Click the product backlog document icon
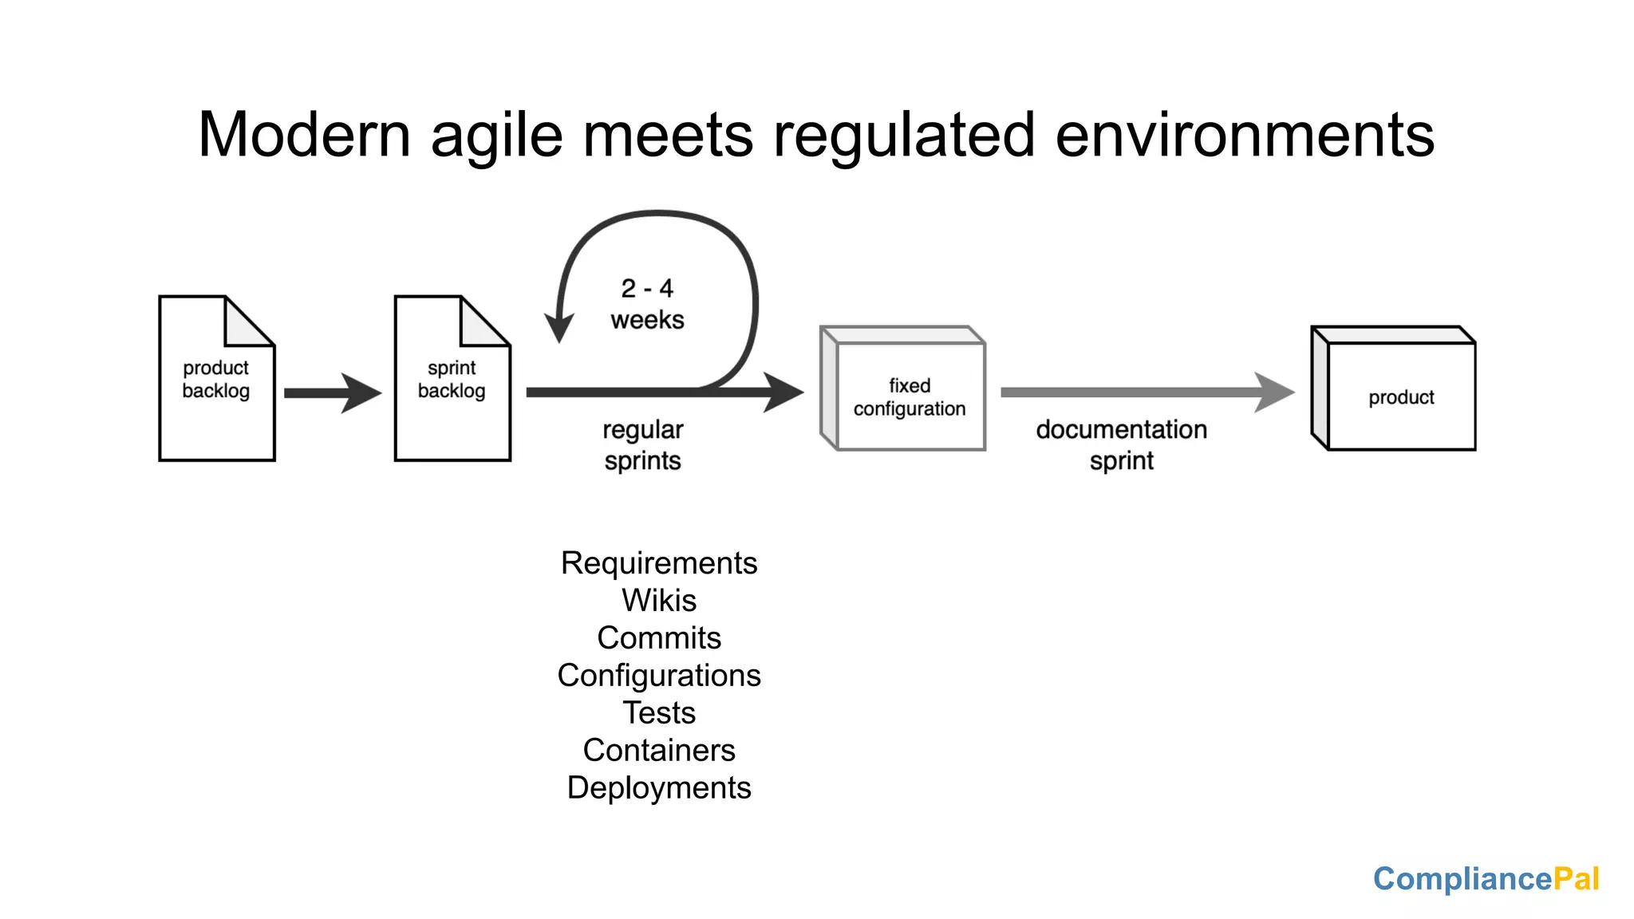point(217,378)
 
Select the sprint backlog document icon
point(452,378)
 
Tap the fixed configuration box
point(903,389)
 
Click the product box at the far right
point(1394,389)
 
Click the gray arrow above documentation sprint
point(1147,392)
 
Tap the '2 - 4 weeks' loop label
point(647,304)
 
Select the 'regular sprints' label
point(643,445)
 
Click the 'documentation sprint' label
point(1122,445)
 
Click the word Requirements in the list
point(659,563)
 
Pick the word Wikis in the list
point(659,600)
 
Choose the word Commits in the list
point(659,637)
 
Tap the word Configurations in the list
point(659,676)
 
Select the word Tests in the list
point(659,712)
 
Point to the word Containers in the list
point(659,750)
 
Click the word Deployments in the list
point(659,788)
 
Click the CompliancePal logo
point(1486,879)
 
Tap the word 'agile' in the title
point(497,136)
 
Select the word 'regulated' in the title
point(904,136)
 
